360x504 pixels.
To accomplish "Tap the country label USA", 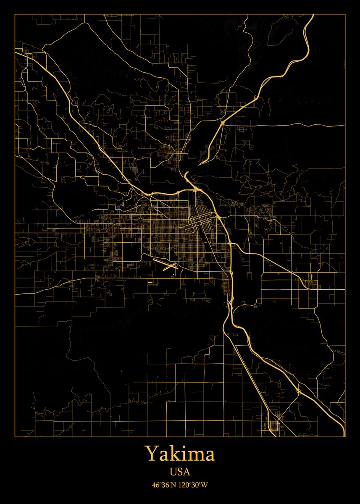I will (x=180, y=472).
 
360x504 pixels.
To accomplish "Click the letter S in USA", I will (x=180, y=472).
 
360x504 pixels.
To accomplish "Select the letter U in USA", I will (x=173, y=472).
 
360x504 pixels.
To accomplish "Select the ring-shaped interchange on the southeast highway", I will (x=298, y=391).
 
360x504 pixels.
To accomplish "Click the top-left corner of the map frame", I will (x=15, y=14).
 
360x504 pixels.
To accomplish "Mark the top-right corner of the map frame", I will (x=345, y=14).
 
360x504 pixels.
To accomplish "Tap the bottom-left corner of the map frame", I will (x=15, y=437).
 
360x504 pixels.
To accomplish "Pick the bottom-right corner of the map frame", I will (x=345, y=437).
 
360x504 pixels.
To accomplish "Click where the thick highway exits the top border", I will (x=313, y=15).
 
